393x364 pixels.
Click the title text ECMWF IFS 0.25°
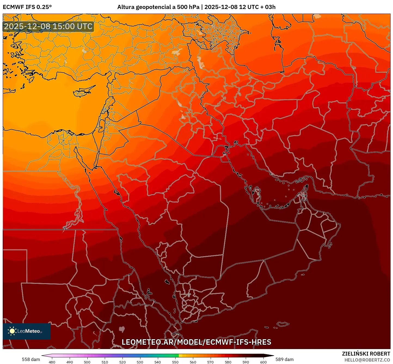27,7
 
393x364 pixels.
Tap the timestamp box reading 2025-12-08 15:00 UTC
48,27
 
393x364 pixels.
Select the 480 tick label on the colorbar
52,362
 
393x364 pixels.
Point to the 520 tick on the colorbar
122,362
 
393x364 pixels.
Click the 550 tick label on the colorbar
175,362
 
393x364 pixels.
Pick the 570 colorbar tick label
210,362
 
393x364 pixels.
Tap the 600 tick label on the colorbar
263,362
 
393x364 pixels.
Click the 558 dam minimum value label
31,359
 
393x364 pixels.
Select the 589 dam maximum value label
284,359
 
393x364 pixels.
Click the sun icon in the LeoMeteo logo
12,331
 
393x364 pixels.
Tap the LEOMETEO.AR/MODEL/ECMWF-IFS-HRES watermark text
196,342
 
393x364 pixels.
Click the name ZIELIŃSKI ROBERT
366,354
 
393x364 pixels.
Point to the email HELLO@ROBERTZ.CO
367,360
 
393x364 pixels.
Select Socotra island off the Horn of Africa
283,324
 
